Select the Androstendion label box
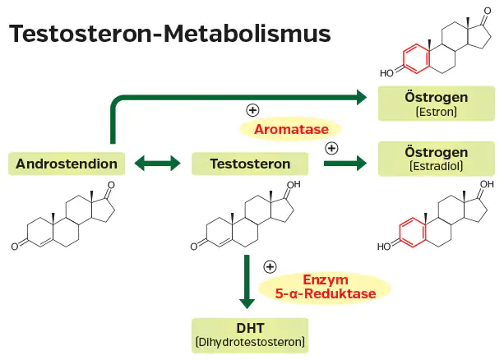click(x=66, y=163)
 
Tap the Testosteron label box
click(x=249, y=163)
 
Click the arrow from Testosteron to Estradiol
click(x=344, y=163)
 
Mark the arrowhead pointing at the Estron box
click(x=359, y=98)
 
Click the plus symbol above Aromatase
click(x=252, y=109)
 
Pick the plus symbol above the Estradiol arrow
click(x=331, y=148)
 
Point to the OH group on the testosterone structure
click(x=293, y=185)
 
